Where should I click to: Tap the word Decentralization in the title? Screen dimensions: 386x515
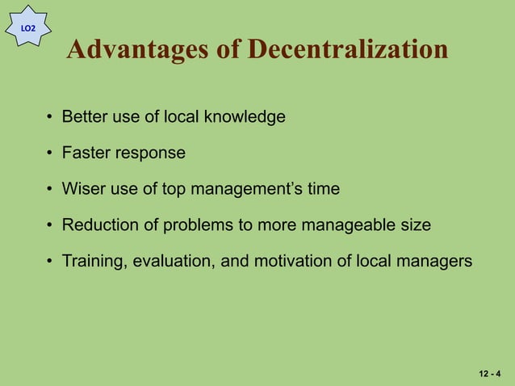[x=348, y=50]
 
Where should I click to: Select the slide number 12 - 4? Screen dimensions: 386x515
[x=489, y=374]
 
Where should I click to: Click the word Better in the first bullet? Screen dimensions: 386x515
[x=85, y=117]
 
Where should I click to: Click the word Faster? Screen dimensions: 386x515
[x=86, y=153]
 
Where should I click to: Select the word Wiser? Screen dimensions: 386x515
[x=84, y=190]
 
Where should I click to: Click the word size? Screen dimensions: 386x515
[x=415, y=225]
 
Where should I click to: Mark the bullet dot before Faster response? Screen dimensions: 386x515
[x=50, y=153]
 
